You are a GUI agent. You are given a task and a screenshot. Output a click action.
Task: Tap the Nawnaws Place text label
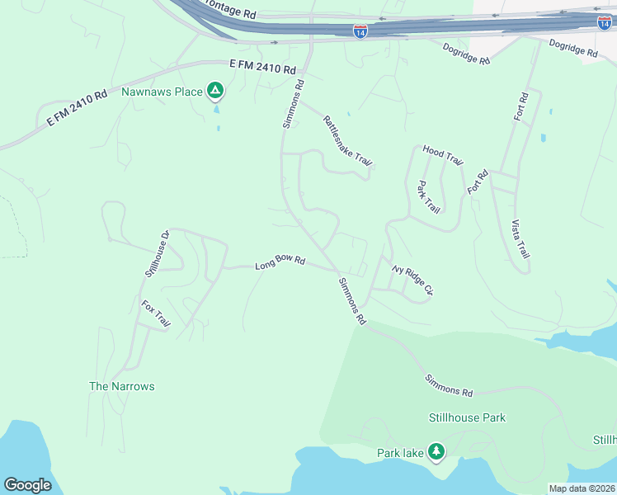click(162, 92)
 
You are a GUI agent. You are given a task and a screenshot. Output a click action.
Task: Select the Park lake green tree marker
click(436, 451)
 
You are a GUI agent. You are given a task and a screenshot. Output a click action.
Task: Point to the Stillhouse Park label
click(467, 417)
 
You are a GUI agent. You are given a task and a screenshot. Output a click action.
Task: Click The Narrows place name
click(121, 386)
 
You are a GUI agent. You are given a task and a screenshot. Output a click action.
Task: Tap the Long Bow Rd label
click(280, 263)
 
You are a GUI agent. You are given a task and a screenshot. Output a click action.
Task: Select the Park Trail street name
click(428, 197)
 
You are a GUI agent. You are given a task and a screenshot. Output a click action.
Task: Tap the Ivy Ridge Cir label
click(412, 280)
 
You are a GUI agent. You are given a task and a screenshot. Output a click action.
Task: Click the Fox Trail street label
click(155, 315)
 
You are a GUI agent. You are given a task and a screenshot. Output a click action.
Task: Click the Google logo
click(28, 484)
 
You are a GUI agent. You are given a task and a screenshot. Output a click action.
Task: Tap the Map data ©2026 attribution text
click(582, 488)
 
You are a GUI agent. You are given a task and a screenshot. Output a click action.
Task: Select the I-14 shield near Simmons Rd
click(360, 31)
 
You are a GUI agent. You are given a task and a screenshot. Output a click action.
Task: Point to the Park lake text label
click(400, 452)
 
